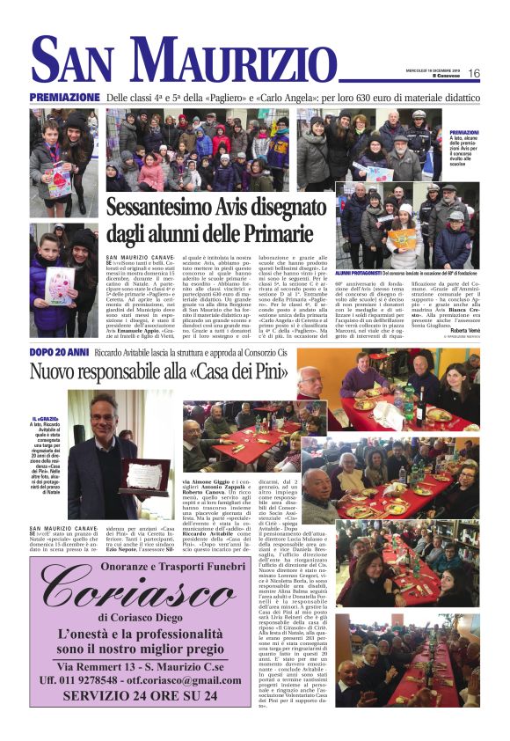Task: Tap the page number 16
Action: click(x=473, y=73)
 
